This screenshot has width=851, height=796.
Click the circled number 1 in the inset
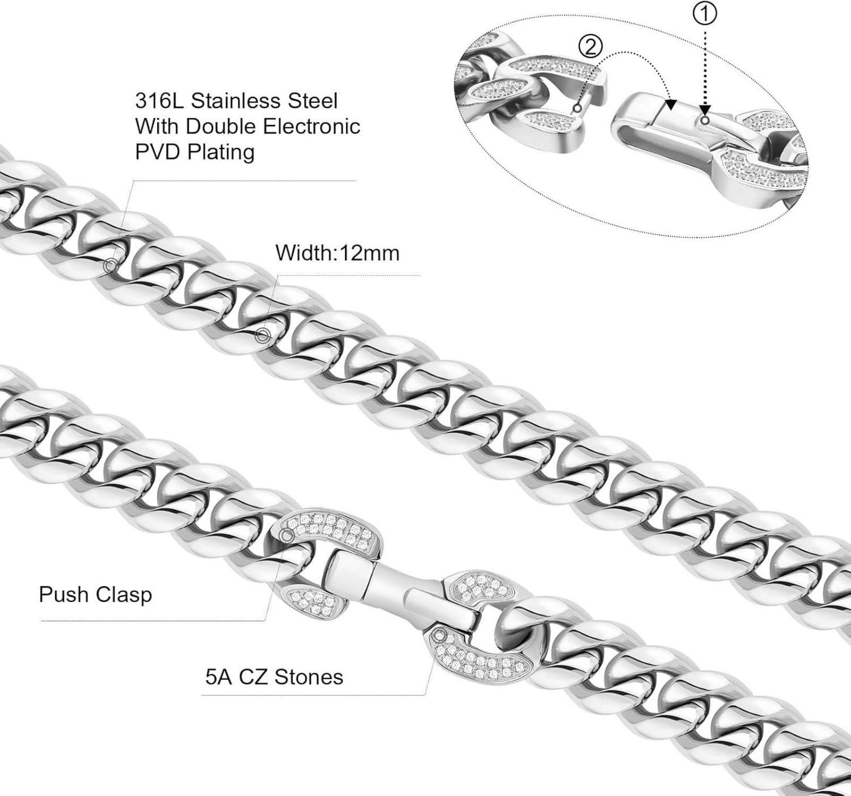tap(705, 15)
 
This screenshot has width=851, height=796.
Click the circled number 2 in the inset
tap(590, 48)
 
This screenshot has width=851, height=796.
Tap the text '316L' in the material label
tap(159, 100)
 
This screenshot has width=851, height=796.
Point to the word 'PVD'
tap(158, 152)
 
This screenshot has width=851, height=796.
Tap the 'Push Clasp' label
tap(95, 594)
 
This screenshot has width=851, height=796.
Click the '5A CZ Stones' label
tap(274, 677)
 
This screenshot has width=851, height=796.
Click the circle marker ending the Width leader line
tap(263, 335)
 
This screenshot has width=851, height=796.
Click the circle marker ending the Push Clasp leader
tap(287, 536)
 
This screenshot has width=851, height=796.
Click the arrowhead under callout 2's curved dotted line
tap(671, 105)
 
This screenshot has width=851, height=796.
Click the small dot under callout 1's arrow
tap(705, 120)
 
